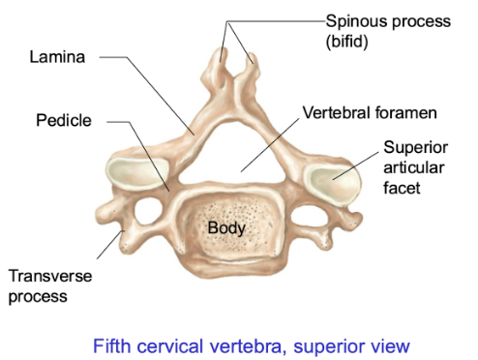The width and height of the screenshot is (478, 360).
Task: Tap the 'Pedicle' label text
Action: [x=63, y=121]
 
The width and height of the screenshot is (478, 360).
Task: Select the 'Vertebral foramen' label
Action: [x=370, y=113]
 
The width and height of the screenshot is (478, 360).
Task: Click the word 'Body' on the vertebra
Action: [x=226, y=228]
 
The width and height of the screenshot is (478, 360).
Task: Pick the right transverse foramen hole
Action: [x=311, y=215]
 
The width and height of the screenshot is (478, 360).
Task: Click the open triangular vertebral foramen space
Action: [x=232, y=150]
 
